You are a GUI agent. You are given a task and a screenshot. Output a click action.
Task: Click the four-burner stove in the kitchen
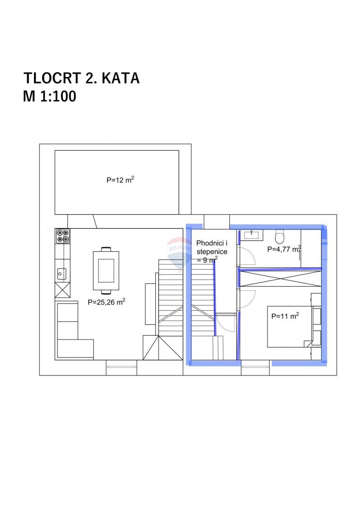point(62,236)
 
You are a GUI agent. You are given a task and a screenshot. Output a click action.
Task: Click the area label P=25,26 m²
point(106,303)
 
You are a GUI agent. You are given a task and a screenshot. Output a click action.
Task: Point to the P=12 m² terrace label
point(121,180)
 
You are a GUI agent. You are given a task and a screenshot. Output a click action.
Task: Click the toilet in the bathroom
point(280,236)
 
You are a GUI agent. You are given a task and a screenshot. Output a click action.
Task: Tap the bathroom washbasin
point(250,234)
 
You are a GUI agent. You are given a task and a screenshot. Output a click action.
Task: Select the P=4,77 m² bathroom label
point(284,249)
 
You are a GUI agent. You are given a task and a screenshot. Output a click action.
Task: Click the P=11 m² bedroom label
point(285,317)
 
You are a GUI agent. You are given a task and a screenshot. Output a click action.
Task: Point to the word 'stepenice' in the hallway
point(212,252)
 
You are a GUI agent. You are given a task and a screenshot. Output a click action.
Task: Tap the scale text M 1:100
point(50,96)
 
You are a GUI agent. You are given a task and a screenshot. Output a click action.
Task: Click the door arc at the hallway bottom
point(226,324)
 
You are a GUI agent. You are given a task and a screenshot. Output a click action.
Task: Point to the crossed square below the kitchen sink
point(62,289)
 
